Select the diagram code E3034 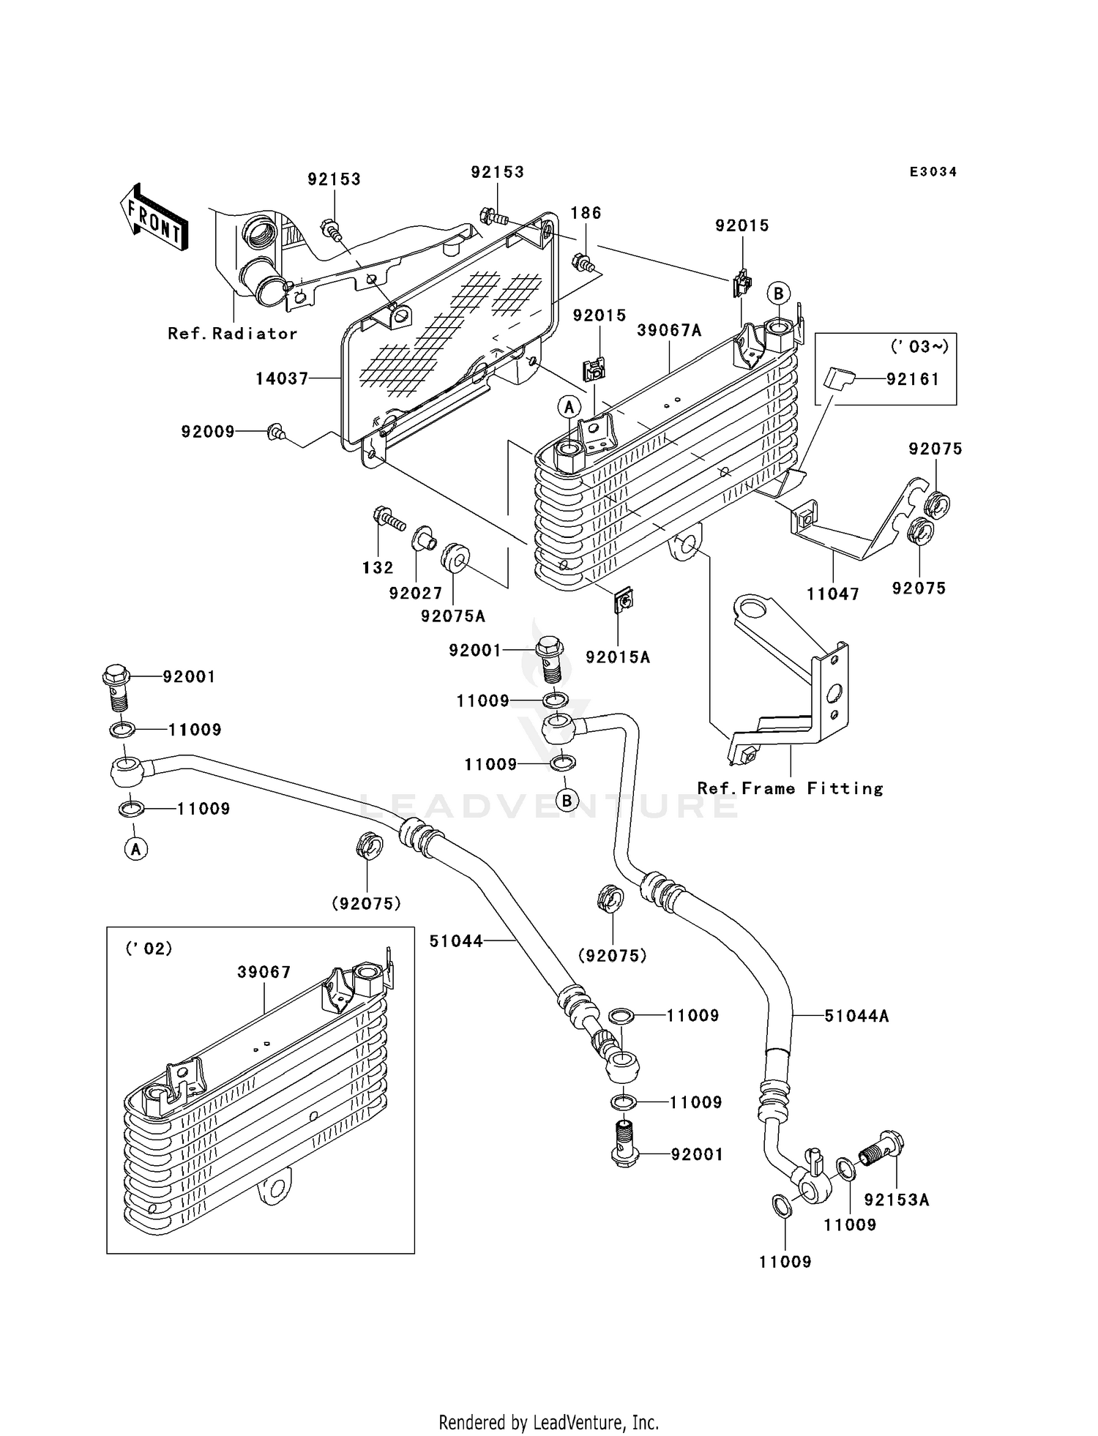(933, 172)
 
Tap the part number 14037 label (282, 378)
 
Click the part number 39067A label (668, 331)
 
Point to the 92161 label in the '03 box (912, 379)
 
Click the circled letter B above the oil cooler (778, 293)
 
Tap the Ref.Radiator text (232, 334)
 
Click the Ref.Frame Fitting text (790, 788)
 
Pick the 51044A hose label (856, 1016)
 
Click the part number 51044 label (456, 941)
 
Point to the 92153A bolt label (896, 1200)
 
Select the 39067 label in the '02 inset (264, 972)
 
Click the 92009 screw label (208, 432)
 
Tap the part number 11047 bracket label (832, 594)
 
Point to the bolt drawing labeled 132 (387, 519)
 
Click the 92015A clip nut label (617, 657)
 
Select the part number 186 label (586, 213)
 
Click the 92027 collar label (415, 594)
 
